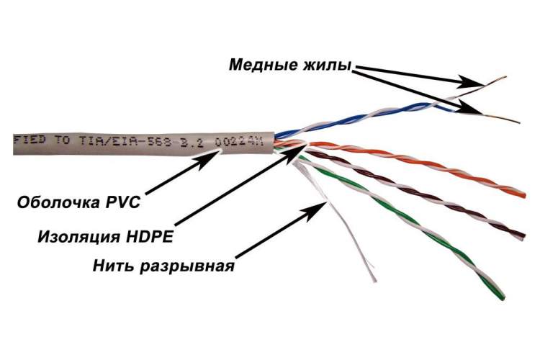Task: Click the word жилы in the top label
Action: tap(327, 65)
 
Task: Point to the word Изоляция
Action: tap(79, 237)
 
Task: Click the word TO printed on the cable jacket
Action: tap(62, 140)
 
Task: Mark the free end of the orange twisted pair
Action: tap(524, 195)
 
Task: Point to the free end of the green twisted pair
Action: tap(502, 296)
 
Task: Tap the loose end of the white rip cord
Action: tap(374, 280)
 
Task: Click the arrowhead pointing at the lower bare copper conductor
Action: tap(469, 108)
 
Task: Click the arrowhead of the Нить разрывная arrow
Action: tap(315, 207)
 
